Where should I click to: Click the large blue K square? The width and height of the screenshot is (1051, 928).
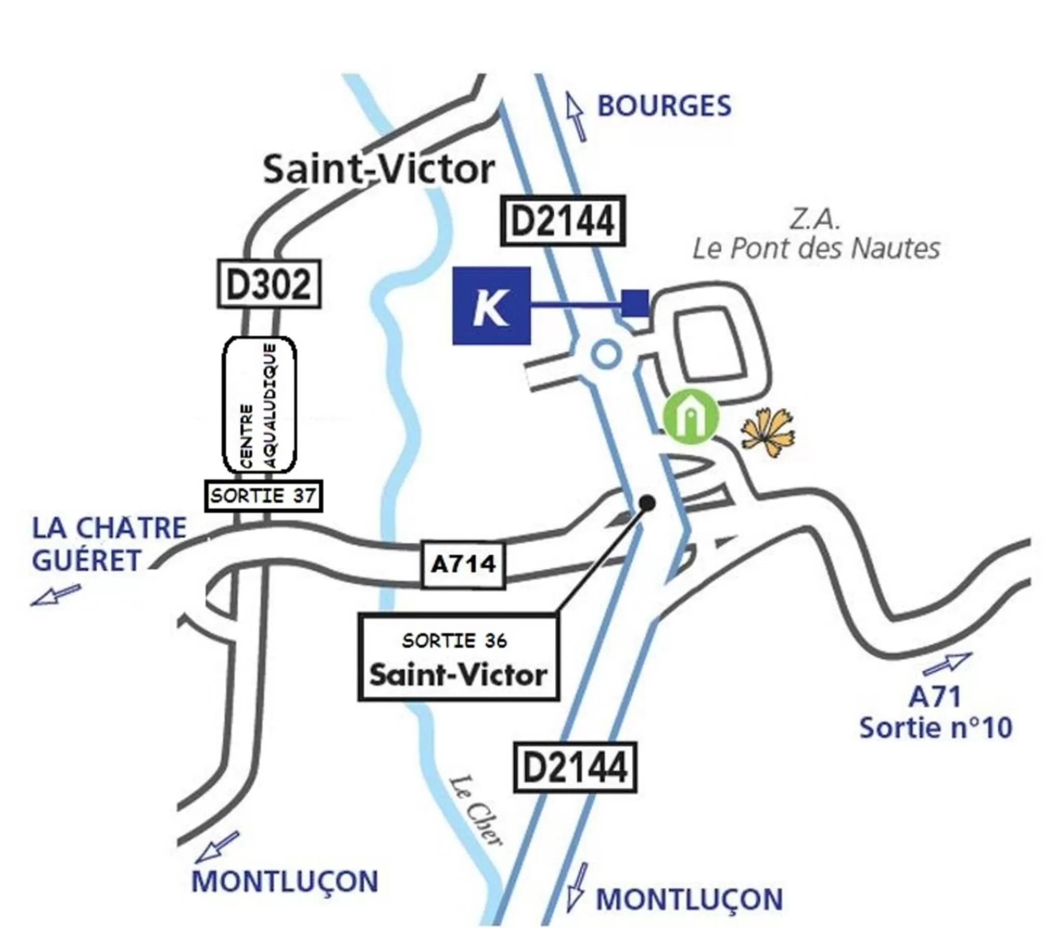(x=491, y=306)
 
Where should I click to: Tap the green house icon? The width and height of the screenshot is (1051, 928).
(x=690, y=417)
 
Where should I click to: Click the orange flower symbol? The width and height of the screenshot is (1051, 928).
(x=767, y=432)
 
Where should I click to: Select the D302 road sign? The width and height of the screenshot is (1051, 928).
(x=269, y=284)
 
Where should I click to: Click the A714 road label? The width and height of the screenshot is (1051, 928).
(x=463, y=564)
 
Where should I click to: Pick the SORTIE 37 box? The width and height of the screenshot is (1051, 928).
(x=264, y=496)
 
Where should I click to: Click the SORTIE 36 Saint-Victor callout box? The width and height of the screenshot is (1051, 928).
(x=458, y=658)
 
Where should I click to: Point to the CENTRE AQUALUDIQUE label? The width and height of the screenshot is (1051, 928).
(x=259, y=405)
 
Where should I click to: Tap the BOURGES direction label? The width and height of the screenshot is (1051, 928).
(x=664, y=107)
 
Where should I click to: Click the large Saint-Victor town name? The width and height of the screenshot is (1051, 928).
(x=379, y=170)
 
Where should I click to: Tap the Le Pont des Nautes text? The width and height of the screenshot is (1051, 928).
(x=816, y=249)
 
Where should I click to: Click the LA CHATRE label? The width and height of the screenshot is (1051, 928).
(x=109, y=528)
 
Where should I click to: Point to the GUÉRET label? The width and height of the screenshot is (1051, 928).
(x=86, y=560)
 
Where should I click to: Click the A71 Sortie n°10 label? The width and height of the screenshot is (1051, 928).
(x=936, y=713)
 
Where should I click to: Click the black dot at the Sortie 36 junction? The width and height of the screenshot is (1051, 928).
(x=647, y=503)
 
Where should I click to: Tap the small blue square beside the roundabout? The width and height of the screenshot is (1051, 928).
(x=635, y=303)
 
